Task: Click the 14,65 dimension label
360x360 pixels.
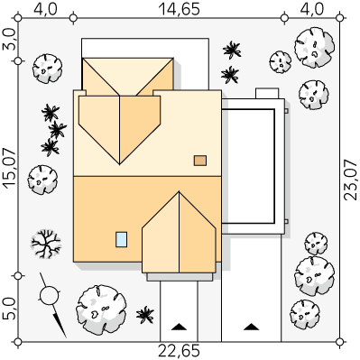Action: point(179,9)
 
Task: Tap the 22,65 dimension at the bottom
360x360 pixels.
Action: point(179,351)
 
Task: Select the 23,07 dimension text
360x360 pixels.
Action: point(350,180)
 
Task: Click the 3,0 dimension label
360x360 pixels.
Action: point(10,39)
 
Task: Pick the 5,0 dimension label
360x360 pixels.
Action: point(10,309)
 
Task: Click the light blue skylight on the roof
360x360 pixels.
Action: point(122,239)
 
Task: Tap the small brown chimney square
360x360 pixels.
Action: point(200,161)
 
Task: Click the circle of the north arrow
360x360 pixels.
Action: point(49,296)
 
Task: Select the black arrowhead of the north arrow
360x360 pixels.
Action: point(60,325)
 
